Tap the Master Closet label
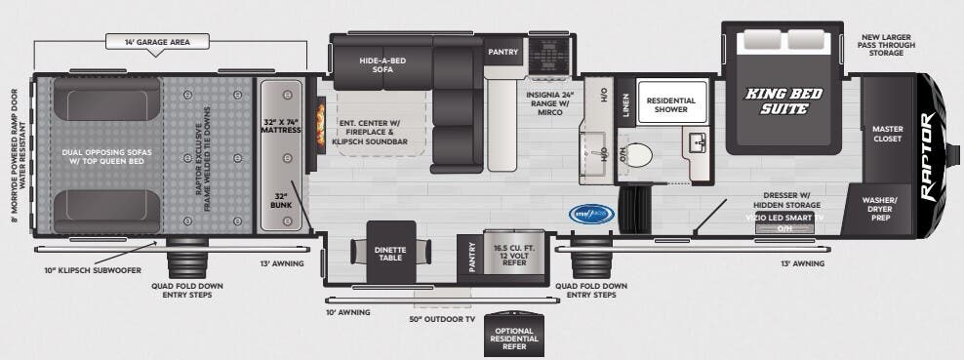(887, 133)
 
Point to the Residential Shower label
(670, 105)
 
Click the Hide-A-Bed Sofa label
(382, 64)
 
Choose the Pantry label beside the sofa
(502, 51)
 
